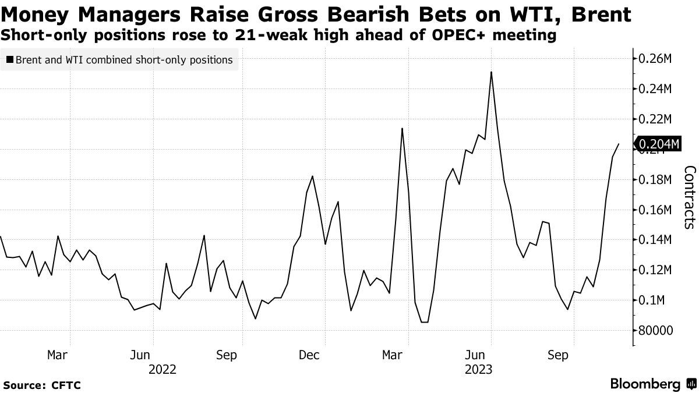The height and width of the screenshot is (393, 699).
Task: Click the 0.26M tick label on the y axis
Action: tap(656, 59)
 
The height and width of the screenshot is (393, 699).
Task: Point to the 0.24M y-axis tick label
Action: tap(656, 89)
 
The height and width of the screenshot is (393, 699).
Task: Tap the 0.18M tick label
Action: tap(656, 180)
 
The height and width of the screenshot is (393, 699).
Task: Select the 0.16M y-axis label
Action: tap(656, 210)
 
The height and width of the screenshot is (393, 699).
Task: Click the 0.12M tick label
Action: tap(656, 270)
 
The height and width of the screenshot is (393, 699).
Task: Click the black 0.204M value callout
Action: tap(658, 144)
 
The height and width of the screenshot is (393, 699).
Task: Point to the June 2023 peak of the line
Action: tap(492, 72)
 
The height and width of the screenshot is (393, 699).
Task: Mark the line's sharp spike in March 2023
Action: tap(402, 129)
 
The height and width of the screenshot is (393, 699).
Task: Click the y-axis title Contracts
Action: tap(689, 197)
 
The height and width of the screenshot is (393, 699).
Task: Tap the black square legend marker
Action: tap(10, 60)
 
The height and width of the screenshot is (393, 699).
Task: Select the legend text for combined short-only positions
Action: tap(124, 60)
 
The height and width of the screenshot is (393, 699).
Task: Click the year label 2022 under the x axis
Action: tap(163, 369)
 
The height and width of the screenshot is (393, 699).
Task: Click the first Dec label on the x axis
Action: tap(309, 355)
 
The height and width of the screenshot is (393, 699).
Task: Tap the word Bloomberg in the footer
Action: tap(645, 384)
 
